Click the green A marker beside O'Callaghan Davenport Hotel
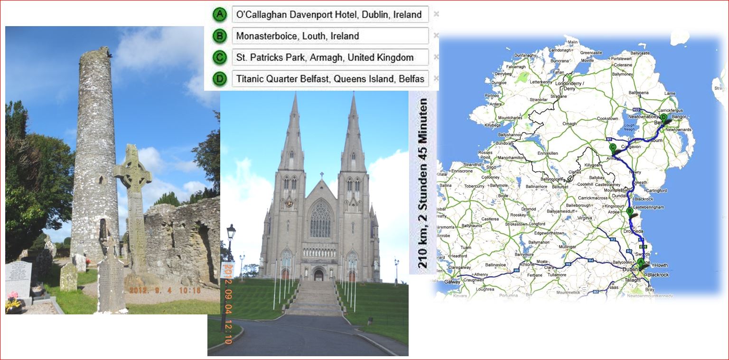tap(219, 14)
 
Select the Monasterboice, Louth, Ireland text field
tap(330, 36)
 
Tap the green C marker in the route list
tap(219, 57)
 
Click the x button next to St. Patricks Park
tap(436, 57)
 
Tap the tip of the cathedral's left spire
tap(295, 95)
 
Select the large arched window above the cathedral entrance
tap(320, 219)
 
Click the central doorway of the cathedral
tap(318, 275)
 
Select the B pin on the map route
tap(630, 212)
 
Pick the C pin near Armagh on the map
tap(613, 148)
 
